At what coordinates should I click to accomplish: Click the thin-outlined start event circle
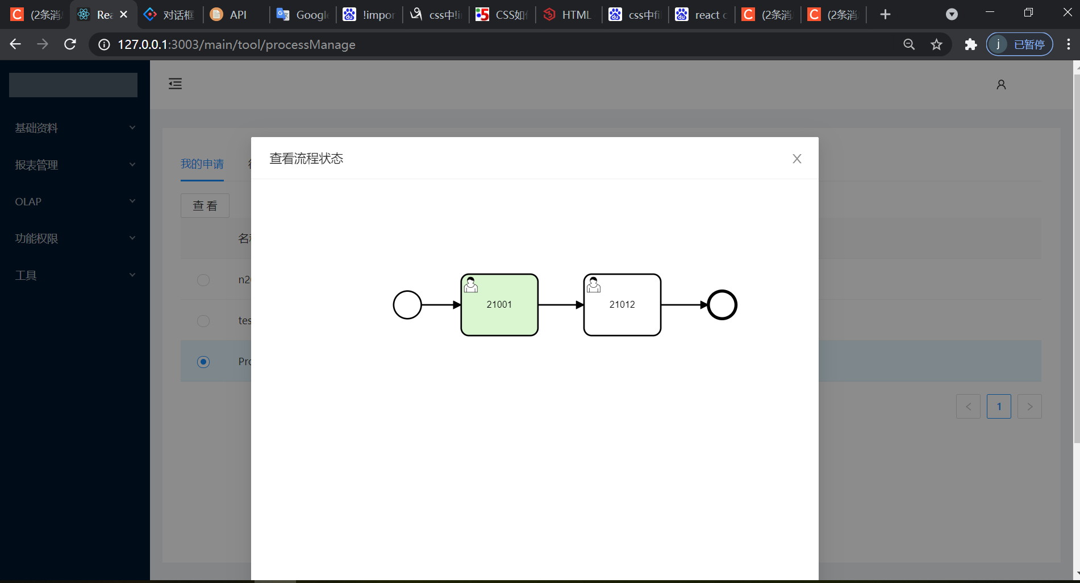coord(407,305)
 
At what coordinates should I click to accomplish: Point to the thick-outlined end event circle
coord(722,305)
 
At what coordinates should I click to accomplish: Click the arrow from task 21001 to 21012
coord(560,305)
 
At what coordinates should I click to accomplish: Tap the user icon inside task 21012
coord(593,284)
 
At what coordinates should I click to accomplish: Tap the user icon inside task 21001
coord(470,284)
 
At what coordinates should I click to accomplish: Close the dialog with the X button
coord(797,159)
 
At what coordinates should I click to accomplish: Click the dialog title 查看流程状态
coord(306,159)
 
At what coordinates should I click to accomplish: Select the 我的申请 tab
coord(202,164)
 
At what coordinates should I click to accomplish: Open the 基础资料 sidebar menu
coord(36,128)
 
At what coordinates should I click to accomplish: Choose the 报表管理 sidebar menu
coord(36,165)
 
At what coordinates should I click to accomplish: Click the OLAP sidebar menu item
coord(28,202)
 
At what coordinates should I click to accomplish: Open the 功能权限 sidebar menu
coord(36,238)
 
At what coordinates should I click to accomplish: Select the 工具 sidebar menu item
coord(26,275)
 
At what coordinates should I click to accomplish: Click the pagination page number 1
coord(999,407)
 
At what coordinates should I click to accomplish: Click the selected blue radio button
coord(203,362)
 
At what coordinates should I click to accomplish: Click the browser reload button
coord(70,44)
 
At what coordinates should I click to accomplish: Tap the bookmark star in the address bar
coord(936,44)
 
